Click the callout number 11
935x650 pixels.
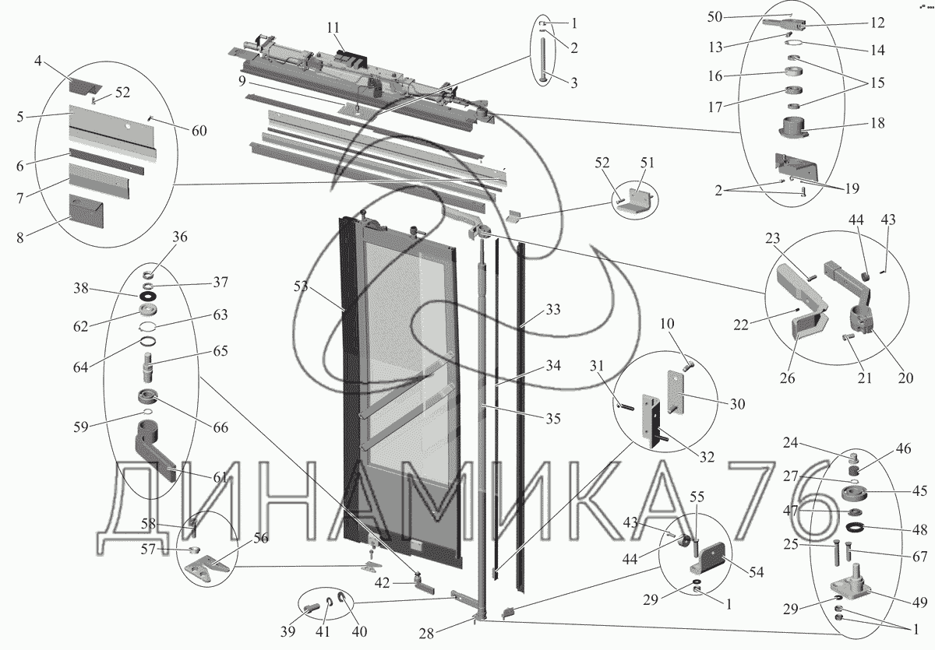point(333,29)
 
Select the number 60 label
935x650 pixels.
point(199,131)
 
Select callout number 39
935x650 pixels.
point(288,630)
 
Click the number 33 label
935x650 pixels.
point(552,309)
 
